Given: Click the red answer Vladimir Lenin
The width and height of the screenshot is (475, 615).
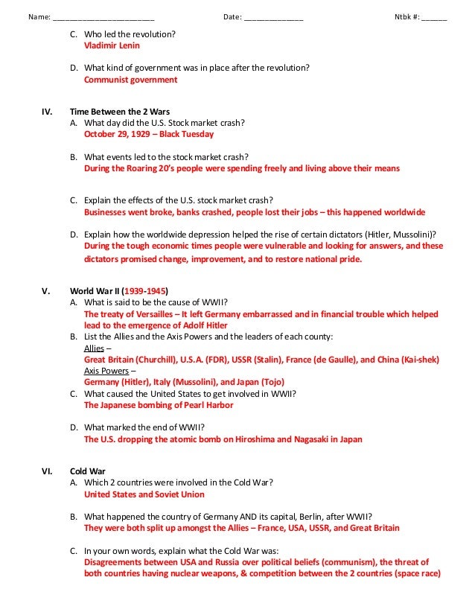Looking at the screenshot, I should [x=112, y=45].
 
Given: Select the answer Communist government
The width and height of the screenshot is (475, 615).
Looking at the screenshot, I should [x=130, y=79].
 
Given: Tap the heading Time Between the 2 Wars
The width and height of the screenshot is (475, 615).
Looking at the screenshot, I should [x=120, y=112].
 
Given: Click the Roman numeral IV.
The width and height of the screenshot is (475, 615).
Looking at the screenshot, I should [x=46, y=112].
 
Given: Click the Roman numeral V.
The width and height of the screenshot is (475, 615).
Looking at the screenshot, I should [x=45, y=290].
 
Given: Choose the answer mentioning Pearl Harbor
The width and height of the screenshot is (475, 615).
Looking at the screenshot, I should [x=158, y=405].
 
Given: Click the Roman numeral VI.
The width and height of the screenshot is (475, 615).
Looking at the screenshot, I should [x=46, y=471].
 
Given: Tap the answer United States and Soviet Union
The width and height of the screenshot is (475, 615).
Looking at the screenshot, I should [x=144, y=494].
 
